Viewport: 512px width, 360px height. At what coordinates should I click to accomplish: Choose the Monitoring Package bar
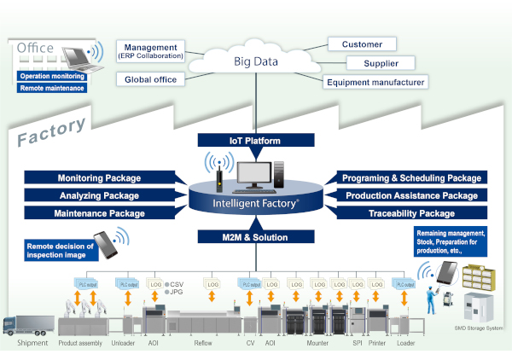98,178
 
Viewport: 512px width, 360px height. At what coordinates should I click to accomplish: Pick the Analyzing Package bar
98,195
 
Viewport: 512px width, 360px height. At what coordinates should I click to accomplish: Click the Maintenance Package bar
98,212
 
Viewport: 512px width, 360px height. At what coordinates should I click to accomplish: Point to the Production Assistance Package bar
410,195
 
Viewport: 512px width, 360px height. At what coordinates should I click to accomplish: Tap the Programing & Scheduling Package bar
410,178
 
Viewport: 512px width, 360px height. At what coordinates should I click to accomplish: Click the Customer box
362,44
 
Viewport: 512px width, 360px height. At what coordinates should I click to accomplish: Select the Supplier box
380,63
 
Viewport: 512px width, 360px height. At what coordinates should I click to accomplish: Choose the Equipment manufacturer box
375,82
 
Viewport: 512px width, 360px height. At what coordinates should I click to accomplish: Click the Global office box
151,79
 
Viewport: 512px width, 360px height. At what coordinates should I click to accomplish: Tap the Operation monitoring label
51,76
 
